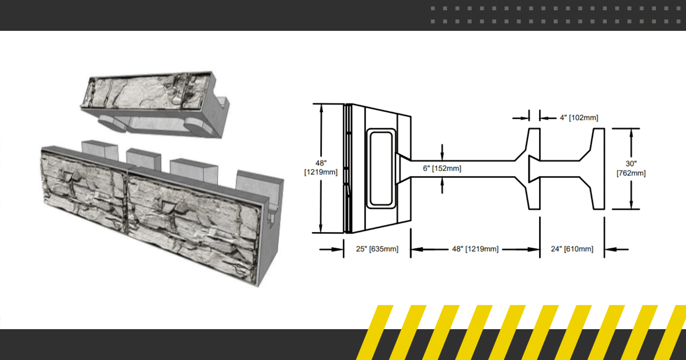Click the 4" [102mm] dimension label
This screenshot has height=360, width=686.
point(579,118)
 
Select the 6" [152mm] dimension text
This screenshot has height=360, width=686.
point(442,168)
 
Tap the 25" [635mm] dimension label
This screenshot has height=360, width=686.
point(377,249)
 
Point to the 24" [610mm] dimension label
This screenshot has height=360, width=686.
point(572,249)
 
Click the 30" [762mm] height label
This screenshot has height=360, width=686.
point(631,168)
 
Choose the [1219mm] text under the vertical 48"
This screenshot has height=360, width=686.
point(321,172)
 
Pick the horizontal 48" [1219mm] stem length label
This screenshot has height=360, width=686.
point(475,249)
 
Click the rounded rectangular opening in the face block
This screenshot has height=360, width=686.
point(381,168)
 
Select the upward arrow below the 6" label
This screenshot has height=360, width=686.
point(442,185)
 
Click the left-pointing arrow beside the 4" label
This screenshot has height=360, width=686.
point(547,118)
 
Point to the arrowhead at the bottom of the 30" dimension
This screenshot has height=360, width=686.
point(631,205)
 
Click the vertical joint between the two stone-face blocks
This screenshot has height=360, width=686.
point(127,198)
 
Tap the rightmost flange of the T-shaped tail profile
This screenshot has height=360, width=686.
point(599,168)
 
